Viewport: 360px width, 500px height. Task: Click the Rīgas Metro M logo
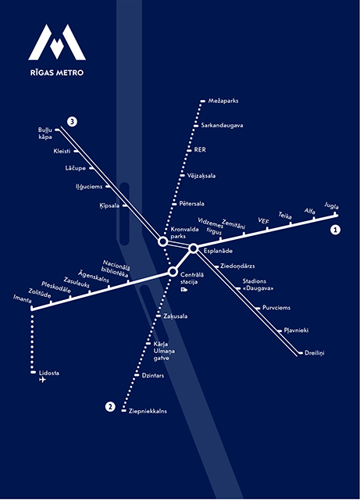tap(57, 42)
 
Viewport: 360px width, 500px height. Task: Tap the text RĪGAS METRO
tap(57, 73)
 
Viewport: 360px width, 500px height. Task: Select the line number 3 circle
tap(72, 122)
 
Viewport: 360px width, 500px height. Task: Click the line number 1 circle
tap(335, 230)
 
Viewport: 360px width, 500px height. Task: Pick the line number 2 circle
tap(110, 407)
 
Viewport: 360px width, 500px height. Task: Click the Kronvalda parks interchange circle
tap(162, 241)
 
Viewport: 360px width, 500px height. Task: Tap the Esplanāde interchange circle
tap(193, 248)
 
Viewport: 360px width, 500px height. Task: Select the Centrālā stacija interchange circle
tap(173, 272)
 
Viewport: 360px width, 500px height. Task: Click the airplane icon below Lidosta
tap(42, 380)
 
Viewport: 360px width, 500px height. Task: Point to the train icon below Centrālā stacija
tap(184, 290)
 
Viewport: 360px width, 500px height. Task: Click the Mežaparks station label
tap(223, 101)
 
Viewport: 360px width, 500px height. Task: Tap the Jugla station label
tap(332, 205)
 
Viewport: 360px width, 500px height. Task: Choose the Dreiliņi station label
tap(315, 353)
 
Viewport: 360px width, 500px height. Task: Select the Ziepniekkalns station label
tap(148, 411)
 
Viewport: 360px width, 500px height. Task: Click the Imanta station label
tap(23, 298)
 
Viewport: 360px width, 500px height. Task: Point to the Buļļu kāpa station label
tap(45, 134)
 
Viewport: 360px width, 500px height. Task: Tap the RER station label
tap(200, 149)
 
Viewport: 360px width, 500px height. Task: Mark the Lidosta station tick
tap(33, 372)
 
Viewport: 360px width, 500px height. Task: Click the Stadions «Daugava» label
tap(258, 284)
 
